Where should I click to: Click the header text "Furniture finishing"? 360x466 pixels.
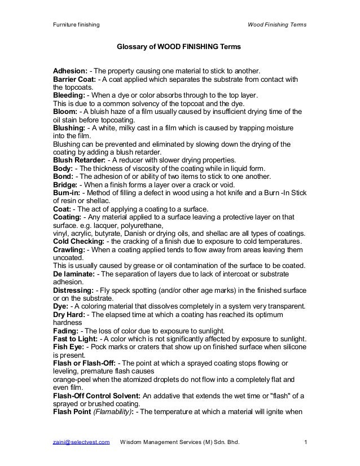click(76, 25)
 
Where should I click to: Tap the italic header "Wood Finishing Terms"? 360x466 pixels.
click(277, 25)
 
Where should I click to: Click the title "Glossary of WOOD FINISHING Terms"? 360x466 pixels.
click(178, 50)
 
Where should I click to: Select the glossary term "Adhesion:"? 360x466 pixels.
click(70, 72)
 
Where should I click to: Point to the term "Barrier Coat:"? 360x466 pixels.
click(76, 80)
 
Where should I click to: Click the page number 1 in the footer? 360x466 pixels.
click(305, 449)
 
